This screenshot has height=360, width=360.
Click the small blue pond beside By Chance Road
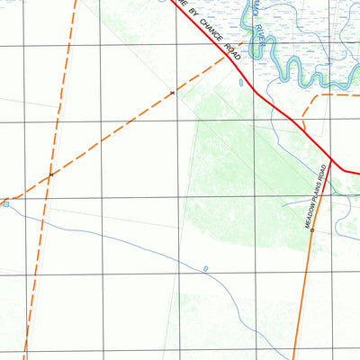[241, 83]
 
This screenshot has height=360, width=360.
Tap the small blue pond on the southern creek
[206, 268]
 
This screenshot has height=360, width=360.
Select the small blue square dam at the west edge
[5, 204]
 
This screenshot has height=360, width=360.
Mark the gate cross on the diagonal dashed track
[172, 93]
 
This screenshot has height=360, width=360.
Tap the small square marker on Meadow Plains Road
[311, 229]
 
